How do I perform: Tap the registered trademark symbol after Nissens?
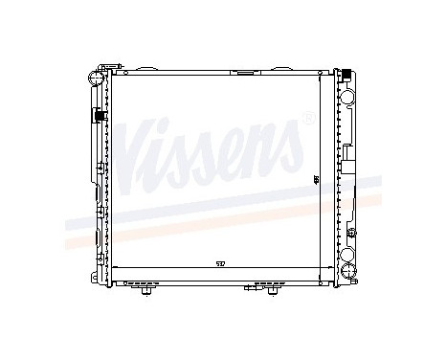[x=307, y=119]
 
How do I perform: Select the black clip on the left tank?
[x=98, y=116]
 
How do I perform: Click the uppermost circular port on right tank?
[x=348, y=97]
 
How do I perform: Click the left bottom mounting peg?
[x=145, y=291]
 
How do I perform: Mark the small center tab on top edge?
[x=245, y=70]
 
